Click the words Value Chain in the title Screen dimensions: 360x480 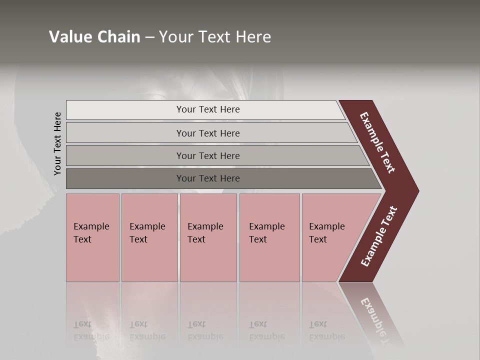click(x=94, y=37)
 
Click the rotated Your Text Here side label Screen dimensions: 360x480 click(x=57, y=143)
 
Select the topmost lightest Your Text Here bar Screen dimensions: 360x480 click(x=207, y=109)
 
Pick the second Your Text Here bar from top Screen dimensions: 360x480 click(x=207, y=133)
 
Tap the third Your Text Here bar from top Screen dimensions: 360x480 click(x=207, y=155)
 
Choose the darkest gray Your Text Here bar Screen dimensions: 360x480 click(x=207, y=178)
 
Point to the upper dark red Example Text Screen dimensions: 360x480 click(x=377, y=142)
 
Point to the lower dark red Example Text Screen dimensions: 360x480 click(x=379, y=236)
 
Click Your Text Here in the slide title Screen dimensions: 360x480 click(x=215, y=37)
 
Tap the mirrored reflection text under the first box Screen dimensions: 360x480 click(x=91, y=330)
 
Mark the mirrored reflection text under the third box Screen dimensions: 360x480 click(x=205, y=330)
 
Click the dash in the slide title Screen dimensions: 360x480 click(x=149, y=37)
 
